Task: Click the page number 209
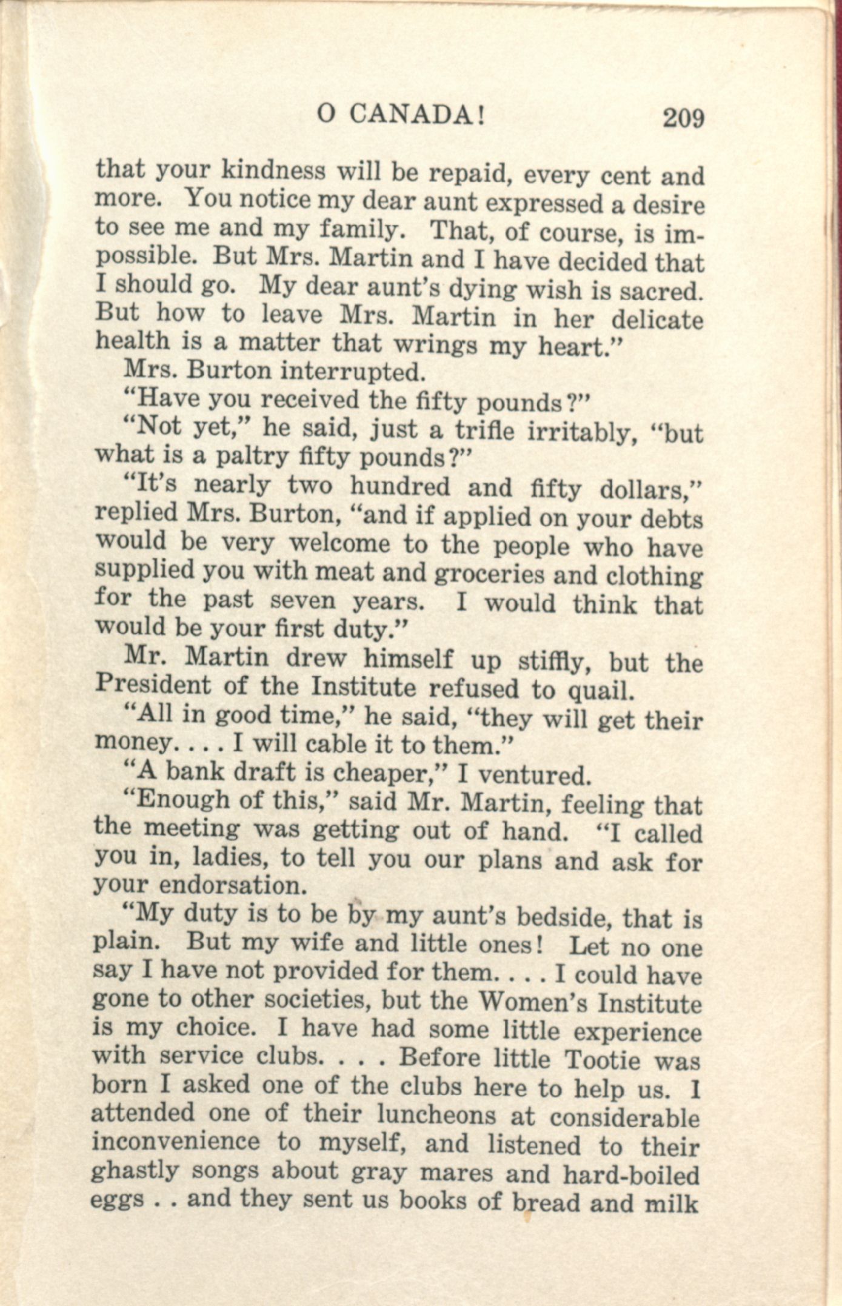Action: click(683, 118)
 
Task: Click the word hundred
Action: click(400, 486)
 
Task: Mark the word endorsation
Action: click(233, 886)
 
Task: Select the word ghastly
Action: click(135, 1170)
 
